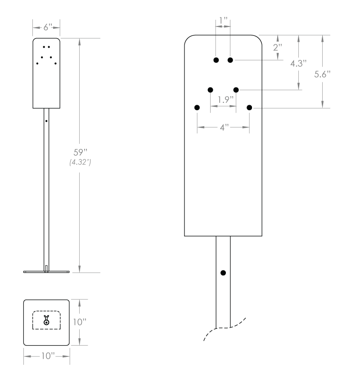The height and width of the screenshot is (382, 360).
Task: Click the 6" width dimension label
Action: tap(46, 27)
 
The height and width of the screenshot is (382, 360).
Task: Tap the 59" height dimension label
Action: tap(79, 152)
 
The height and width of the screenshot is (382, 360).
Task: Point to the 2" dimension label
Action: tap(278, 47)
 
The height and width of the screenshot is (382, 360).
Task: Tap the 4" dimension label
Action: tap(224, 127)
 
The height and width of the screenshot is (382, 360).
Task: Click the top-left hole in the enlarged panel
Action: tap(216, 60)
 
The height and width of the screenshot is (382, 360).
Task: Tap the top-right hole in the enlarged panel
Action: tap(230, 60)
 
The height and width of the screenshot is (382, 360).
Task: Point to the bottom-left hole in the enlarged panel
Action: tap(197, 107)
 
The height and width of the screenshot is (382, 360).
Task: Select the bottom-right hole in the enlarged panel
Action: tap(249, 107)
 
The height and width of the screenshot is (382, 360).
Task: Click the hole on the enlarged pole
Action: tap(223, 273)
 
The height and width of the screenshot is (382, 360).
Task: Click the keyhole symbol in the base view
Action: tap(46, 320)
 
